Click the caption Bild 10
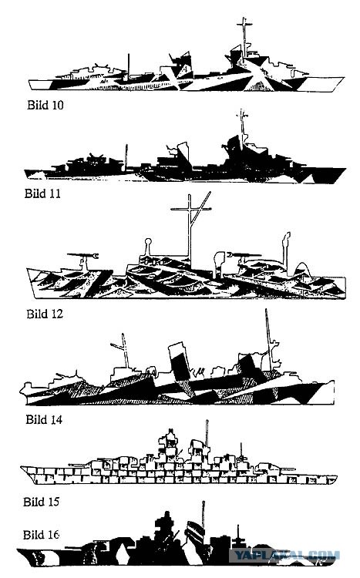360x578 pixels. pyautogui.click(x=45, y=105)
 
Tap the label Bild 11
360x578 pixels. pyautogui.click(x=42, y=193)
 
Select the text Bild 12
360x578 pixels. pyautogui.click(x=45, y=314)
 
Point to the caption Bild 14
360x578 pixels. pyautogui.click(x=44, y=419)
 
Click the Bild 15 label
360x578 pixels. pyautogui.click(x=41, y=502)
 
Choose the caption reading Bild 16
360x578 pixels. pyautogui.click(x=41, y=535)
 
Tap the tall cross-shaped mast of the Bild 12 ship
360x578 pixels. pyautogui.click(x=190, y=229)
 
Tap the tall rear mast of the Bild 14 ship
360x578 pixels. pyautogui.click(x=268, y=339)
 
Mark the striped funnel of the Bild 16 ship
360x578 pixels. pyautogui.click(x=195, y=532)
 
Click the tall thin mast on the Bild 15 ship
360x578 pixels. pyautogui.click(x=207, y=433)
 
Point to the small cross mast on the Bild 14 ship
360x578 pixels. pyautogui.click(x=123, y=351)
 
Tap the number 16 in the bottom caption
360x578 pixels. pyautogui.click(x=54, y=535)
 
